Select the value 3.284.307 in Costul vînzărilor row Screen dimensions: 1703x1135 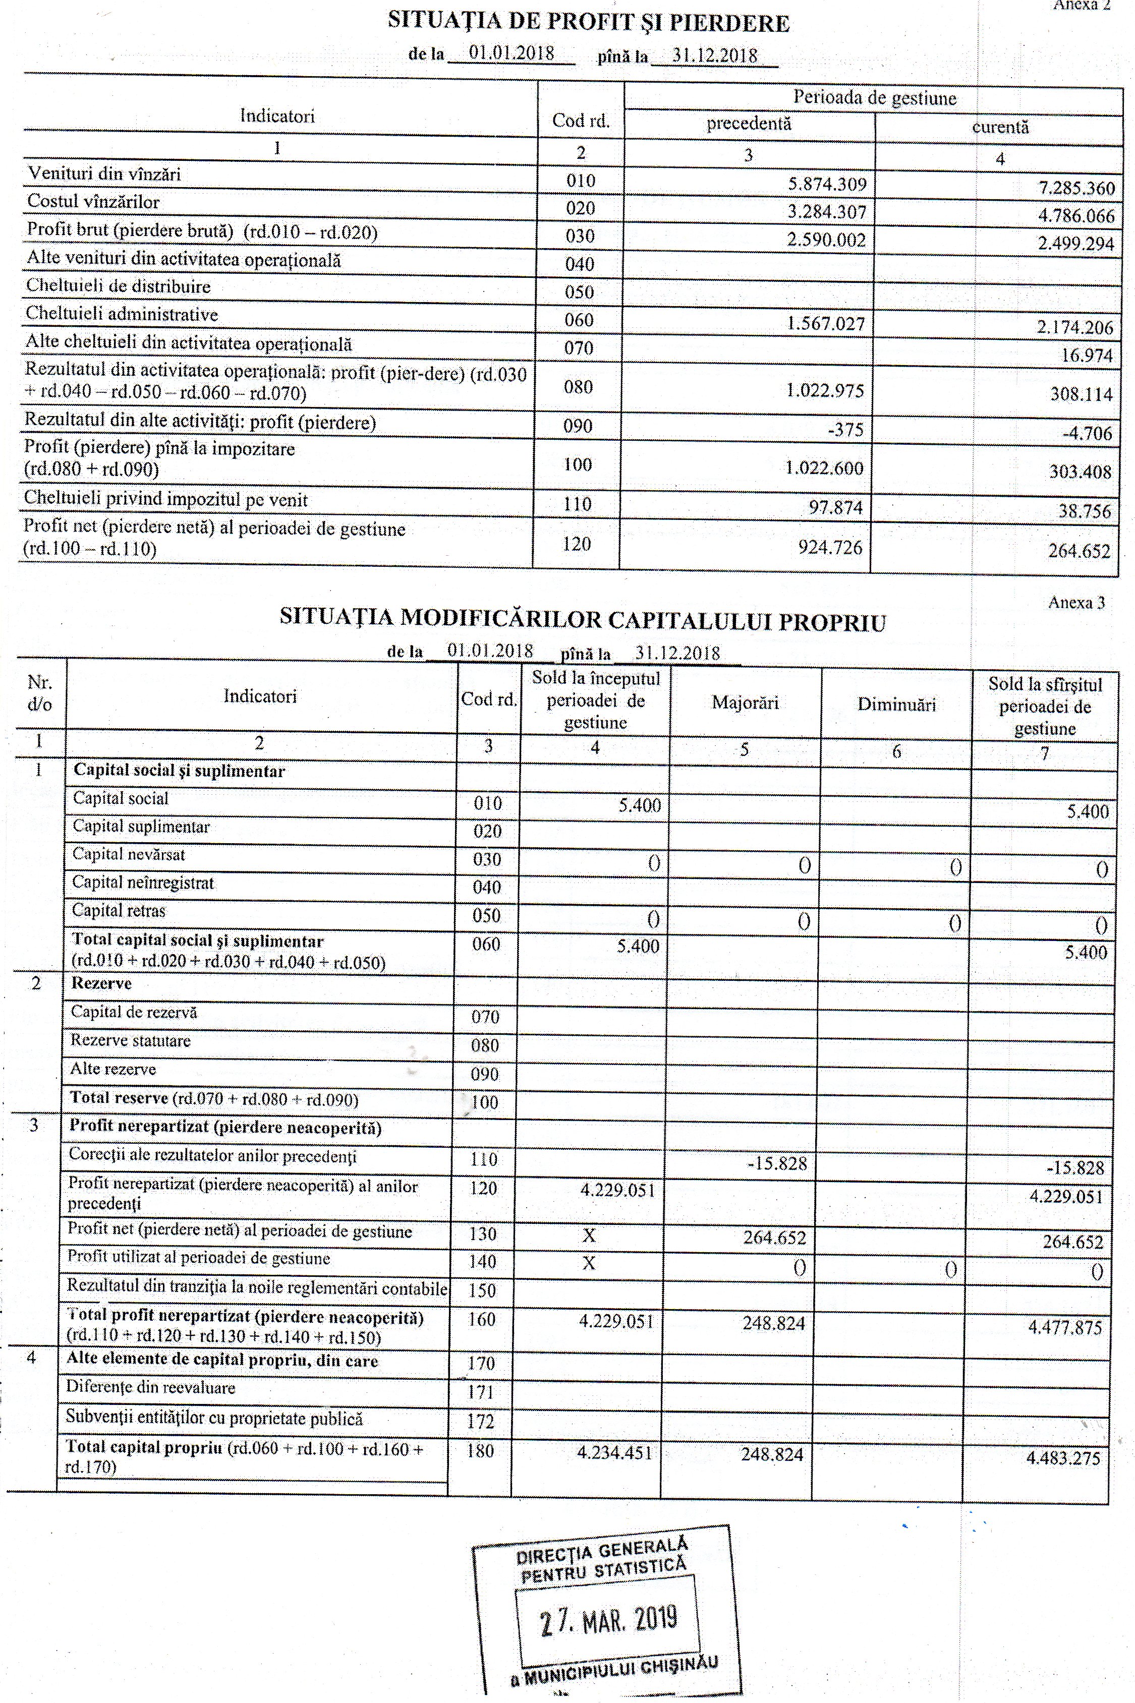point(827,212)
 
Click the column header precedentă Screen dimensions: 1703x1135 point(749,124)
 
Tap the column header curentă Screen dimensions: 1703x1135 point(1000,127)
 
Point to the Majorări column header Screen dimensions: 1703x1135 point(745,702)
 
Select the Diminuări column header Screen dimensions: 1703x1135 point(896,704)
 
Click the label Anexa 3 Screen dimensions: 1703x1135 point(1075,603)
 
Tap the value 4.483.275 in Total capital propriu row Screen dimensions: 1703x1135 point(1063,1458)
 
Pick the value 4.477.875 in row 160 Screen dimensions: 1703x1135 point(1065,1327)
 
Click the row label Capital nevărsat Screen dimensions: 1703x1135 point(128,854)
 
